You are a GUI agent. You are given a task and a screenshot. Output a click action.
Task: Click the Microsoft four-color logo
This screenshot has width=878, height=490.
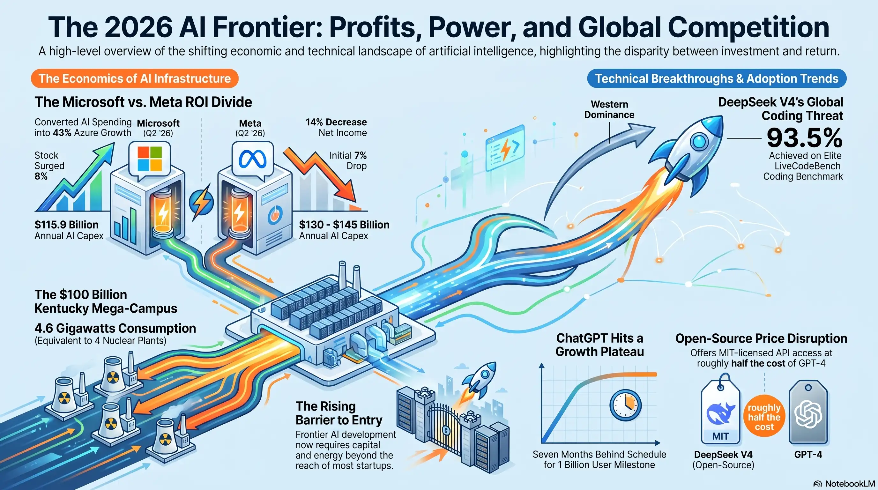pyautogui.click(x=150, y=159)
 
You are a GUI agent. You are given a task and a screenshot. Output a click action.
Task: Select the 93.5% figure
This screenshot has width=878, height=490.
pyautogui.click(x=804, y=138)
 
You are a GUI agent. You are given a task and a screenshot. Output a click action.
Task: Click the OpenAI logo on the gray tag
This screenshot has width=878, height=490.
pyautogui.click(x=808, y=415)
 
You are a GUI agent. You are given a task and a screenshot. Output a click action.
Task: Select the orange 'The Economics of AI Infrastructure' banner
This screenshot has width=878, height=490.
pyautogui.click(x=135, y=78)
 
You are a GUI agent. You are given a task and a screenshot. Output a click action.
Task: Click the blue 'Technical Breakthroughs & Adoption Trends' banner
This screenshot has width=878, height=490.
pyautogui.click(x=717, y=78)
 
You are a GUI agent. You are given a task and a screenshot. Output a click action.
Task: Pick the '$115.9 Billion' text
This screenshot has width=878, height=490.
pyautogui.click(x=66, y=225)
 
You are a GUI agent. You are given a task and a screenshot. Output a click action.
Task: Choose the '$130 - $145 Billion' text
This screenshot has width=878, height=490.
pyautogui.click(x=344, y=225)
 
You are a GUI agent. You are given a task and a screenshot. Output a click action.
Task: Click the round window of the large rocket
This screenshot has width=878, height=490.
pyautogui.click(x=699, y=140)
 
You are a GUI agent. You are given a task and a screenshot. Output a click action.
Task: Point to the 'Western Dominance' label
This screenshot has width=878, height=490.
pyautogui.click(x=609, y=109)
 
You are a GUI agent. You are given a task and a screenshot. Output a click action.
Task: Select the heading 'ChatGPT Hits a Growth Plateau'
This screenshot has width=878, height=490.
pyautogui.click(x=599, y=345)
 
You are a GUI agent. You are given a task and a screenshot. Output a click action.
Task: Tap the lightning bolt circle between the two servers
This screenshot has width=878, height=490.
pyautogui.click(x=201, y=202)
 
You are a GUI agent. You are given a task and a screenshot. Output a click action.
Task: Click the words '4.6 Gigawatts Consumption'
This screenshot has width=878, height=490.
pyautogui.click(x=115, y=328)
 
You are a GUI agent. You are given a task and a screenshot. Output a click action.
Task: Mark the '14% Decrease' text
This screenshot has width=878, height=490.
pyautogui.click(x=336, y=122)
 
